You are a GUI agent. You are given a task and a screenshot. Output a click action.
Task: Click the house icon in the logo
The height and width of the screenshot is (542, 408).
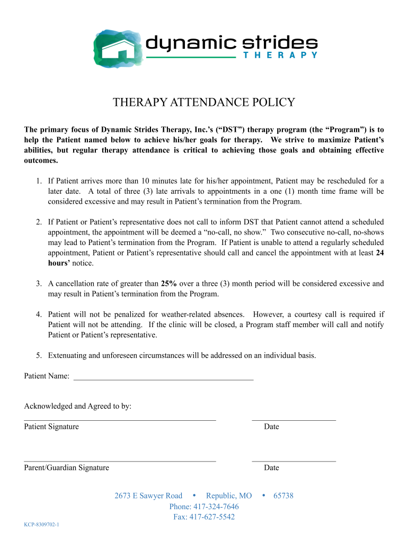click(118, 48)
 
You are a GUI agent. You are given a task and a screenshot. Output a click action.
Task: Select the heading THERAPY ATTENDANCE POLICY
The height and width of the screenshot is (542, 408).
click(204, 103)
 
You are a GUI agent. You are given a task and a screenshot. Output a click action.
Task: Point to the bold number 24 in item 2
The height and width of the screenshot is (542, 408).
click(379, 253)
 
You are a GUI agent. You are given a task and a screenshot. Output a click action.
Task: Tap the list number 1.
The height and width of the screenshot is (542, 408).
click(39, 181)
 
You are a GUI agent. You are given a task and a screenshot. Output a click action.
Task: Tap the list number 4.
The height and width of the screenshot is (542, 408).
click(39, 314)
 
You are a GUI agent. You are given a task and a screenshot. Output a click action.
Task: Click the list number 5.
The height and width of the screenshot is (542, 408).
click(39, 356)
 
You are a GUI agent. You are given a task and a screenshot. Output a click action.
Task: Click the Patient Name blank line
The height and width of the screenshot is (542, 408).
click(163, 379)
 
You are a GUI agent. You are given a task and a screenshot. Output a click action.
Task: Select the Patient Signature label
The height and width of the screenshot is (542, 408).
click(51, 427)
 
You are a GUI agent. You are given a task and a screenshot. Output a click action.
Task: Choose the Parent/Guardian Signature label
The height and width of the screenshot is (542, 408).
click(67, 468)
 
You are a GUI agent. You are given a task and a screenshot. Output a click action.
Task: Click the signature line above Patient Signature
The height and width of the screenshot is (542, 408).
click(120, 420)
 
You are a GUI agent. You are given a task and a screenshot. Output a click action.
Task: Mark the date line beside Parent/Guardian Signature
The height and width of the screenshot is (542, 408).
click(294, 461)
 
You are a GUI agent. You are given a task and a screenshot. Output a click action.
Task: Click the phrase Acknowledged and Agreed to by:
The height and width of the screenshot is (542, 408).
click(78, 406)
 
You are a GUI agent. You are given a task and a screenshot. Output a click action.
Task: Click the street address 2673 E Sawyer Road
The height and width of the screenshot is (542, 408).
click(148, 496)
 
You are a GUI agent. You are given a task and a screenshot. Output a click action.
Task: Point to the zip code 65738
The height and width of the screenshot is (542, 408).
click(283, 496)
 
